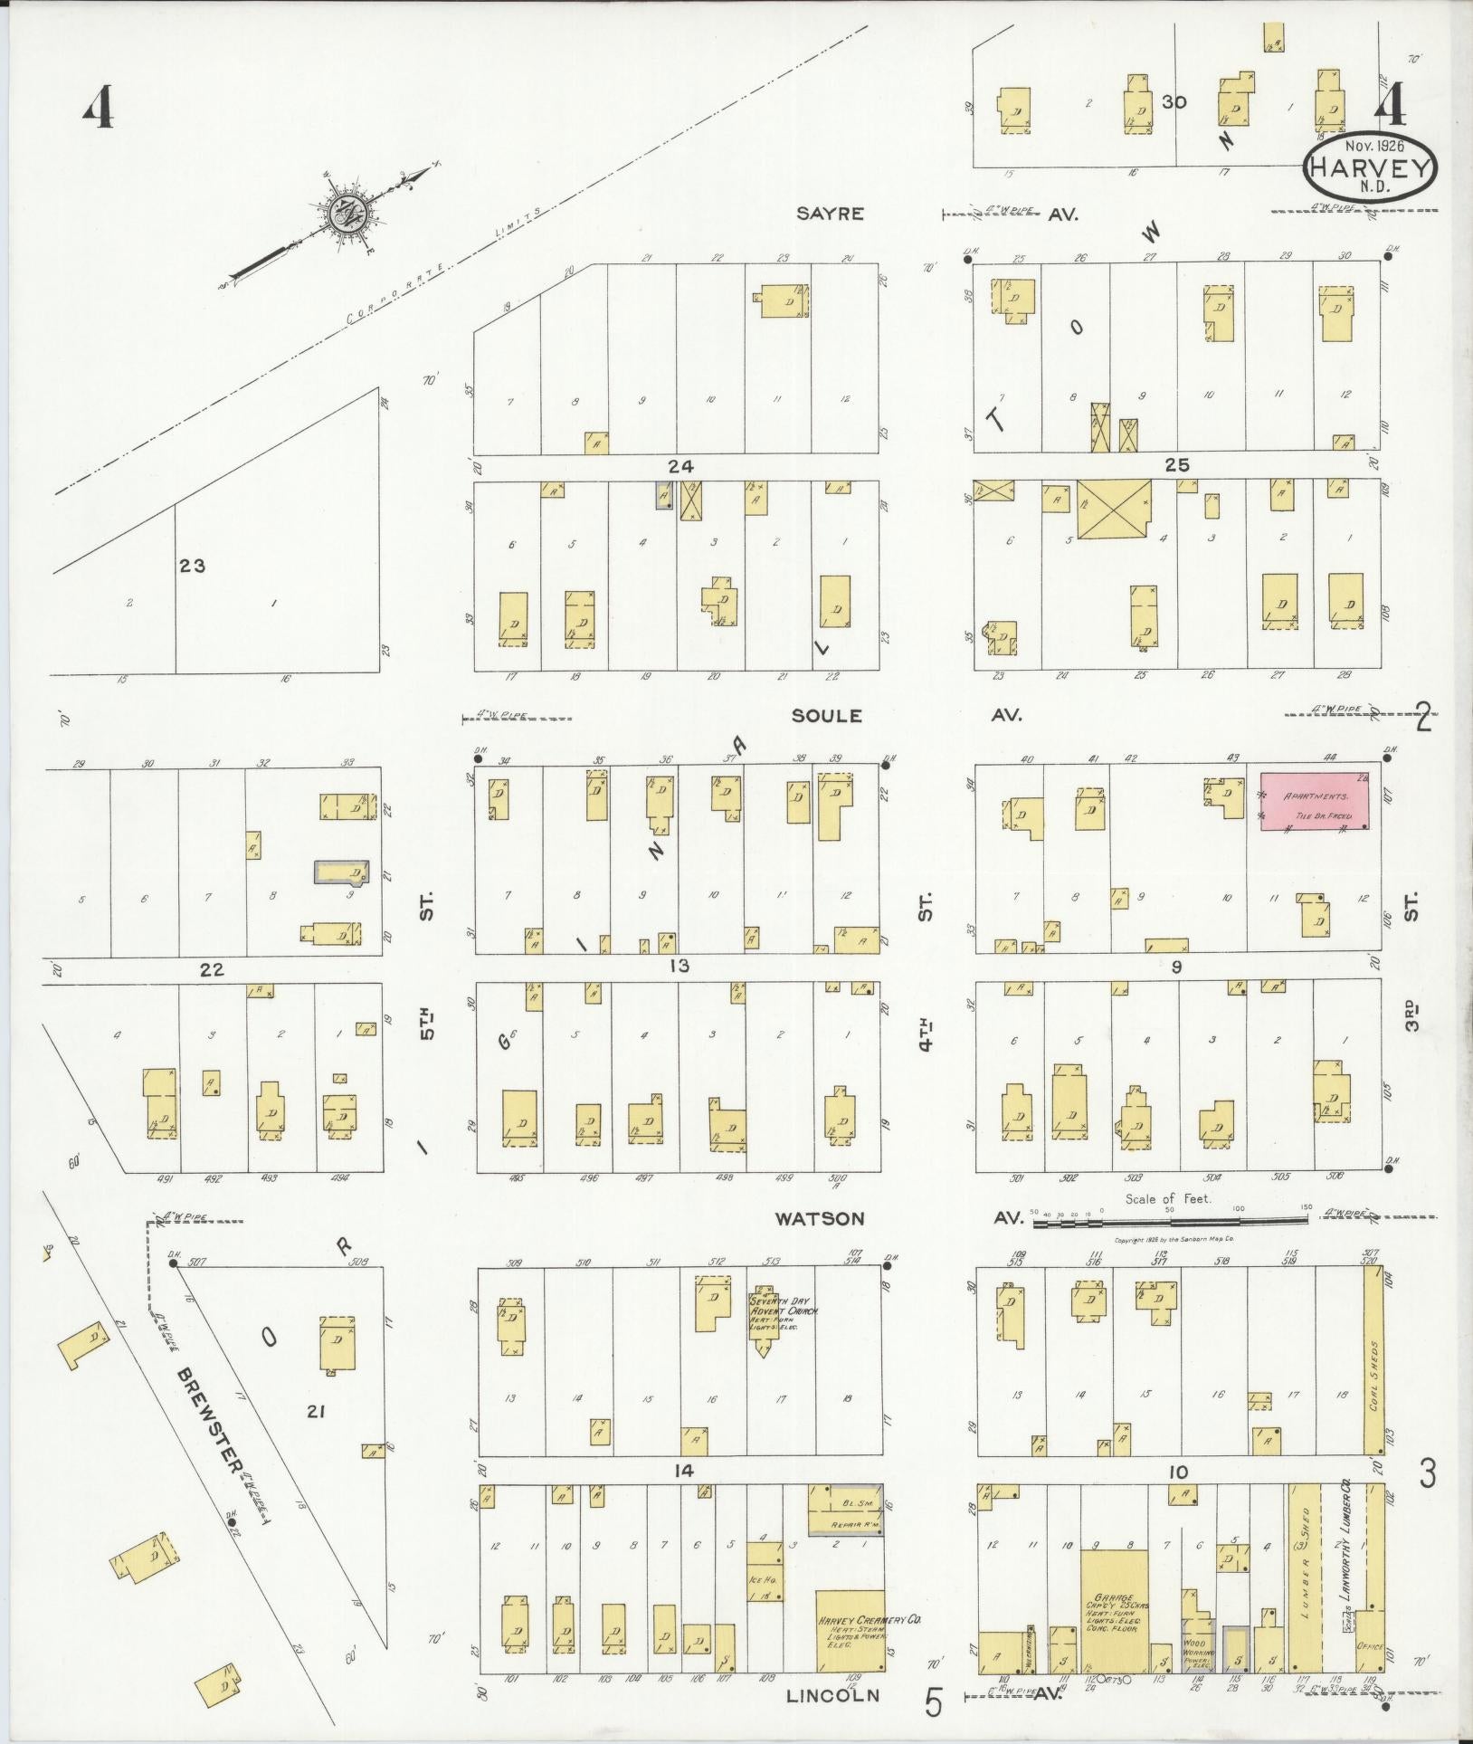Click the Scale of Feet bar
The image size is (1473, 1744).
(1170, 1222)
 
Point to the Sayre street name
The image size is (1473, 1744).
(830, 214)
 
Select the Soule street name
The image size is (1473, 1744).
(826, 715)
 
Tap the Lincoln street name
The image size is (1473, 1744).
(832, 1695)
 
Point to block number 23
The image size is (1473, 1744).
(192, 567)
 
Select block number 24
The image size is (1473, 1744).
(679, 467)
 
